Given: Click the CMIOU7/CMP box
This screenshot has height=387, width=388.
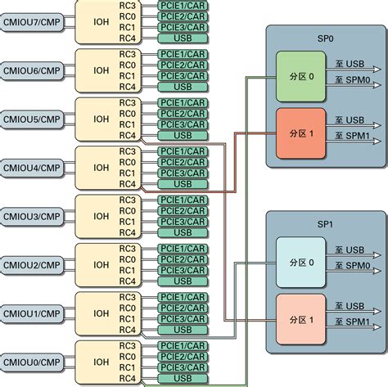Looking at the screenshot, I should (x=31, y=22).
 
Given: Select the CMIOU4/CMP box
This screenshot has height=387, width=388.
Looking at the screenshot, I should (x=31, y=168).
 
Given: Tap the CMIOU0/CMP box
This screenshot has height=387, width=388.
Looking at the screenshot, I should (x=31, y=361).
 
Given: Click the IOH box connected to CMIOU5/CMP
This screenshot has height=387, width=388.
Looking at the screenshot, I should (x=102, y=119).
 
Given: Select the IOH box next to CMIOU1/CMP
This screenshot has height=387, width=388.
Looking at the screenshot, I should (x=102, y=313).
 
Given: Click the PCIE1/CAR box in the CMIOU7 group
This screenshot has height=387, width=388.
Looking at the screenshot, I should (x=183, y=6).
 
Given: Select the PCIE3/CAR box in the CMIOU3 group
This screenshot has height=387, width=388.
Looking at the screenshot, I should (x=183, y=221).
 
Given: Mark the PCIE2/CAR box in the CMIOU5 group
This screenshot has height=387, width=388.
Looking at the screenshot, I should (x=183, y=114).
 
